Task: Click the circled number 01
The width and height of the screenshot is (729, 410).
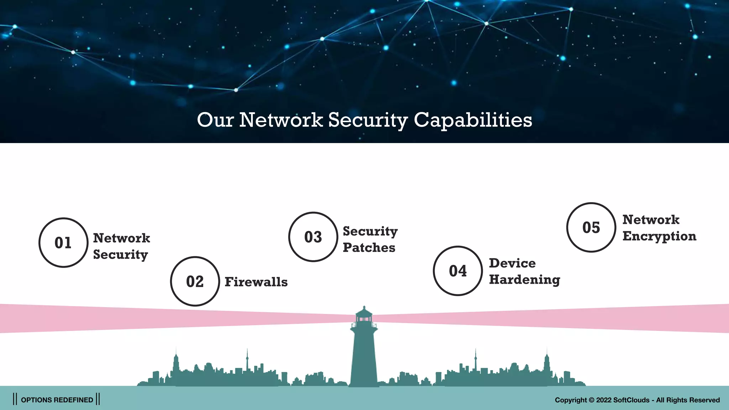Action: [x=63, y=243]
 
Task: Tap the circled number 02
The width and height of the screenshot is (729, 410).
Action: [x=195, y=282]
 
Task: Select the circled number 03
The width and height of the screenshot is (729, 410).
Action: [x=313, y=237]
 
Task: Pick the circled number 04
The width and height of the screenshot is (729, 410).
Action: [x=457, y=271]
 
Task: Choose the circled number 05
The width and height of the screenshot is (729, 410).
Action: [x=591, y=227]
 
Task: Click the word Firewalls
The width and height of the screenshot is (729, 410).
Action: [x=256, y=282]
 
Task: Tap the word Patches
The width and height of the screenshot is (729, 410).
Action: [x=369, y=248]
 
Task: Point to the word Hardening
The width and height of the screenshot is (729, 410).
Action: [x=524, y=280]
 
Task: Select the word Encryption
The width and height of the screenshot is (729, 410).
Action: [x=659, y=236]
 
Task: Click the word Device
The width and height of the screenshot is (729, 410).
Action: [x=512, y=263]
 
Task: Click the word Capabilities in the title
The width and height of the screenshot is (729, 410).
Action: [x=473, y=120]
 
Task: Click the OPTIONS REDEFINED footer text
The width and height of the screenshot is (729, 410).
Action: [x=57, y=400]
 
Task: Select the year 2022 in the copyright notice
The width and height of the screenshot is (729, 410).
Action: [x=604, y=400]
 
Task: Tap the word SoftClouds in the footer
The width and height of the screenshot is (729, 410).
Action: [x=631, y=400]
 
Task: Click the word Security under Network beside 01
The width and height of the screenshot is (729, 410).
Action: [x=120, y=255]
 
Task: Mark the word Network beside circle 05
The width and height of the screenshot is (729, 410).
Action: [x=651, y=220]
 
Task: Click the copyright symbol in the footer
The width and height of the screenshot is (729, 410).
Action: [x=591, y=400]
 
